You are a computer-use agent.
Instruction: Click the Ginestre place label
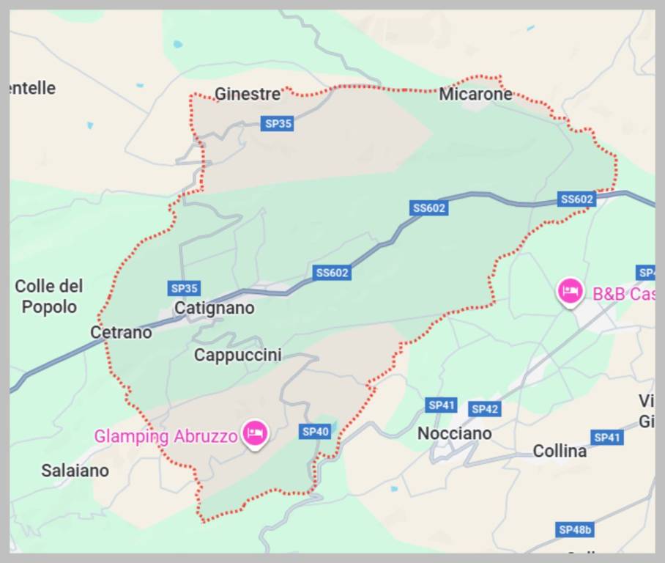click(247, 94)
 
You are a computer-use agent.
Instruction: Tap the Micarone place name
click(475, 94)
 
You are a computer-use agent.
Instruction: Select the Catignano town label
click(214, 308)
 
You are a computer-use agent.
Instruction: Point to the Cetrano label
click(121, 332)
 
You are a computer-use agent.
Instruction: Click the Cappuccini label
click(237, 355)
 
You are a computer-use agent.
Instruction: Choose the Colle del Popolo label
click(49, 296)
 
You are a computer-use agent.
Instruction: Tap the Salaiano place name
click(75, 470)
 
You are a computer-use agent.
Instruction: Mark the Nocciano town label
click(454, 433)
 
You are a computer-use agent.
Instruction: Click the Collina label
click(560, 451)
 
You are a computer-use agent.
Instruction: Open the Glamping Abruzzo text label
click(166, 436)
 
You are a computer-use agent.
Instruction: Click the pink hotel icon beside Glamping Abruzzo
click(255, 433)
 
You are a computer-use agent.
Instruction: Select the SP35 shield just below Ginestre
click(278, 124)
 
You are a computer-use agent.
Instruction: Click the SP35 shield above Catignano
click(184, 288)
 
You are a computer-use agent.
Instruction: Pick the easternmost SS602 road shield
click(576, 199)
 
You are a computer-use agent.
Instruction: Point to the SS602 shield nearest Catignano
click(332, 273)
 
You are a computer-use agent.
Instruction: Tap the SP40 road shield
click(315, 432)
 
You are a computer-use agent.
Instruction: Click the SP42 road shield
click(484, 409)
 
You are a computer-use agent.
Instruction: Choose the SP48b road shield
click(574, 529)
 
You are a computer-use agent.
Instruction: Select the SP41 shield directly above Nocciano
click(442, 405)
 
